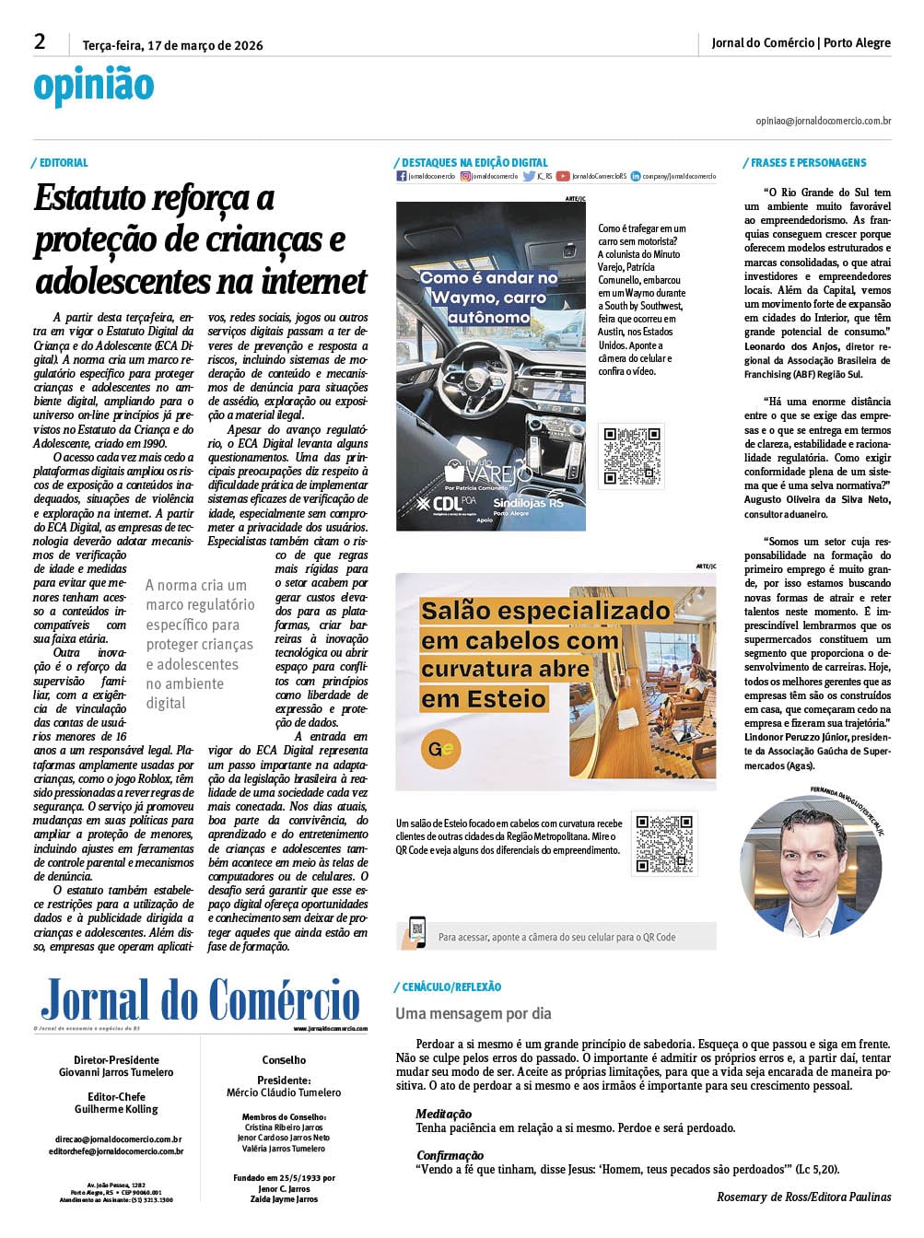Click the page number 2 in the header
pyautogui.click(x=40, y=41)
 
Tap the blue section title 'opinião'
pyautogui.click(x=93, y=86)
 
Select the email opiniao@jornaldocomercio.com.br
pyautogui.click(x=823, y=121)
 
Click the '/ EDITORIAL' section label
pyautogui.click(x=61, y=163)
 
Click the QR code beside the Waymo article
pyautogui.click(x=632, y=455)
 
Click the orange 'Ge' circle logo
pyautogui.click(x=441, y=748)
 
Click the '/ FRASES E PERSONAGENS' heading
pyautogui.click(x=805, y=163)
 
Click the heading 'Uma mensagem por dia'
pyautogui.click(x=474, y=1013)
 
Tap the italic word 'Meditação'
pyautogui.click(x=443, y=1114)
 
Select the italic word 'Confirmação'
pyautogui.click(x=450, y=1155)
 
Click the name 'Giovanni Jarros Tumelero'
pyautogui.click(x=116, y=1072)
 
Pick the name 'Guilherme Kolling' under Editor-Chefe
pyautogui.click(x=116, y=1109)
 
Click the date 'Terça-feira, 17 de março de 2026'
pyautogui.click(x=172, y=45)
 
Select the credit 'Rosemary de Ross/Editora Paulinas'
pyautogui.click(x=803, y=1197)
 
